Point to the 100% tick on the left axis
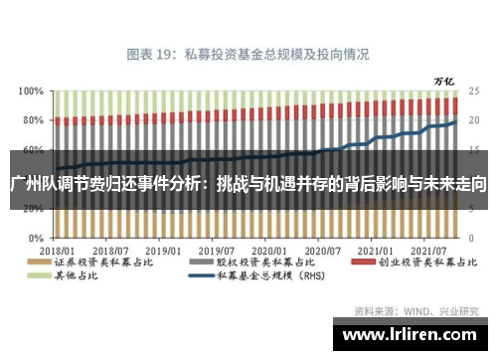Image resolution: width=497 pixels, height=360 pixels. click(x=29, y=90)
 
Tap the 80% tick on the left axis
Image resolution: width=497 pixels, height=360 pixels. click(x=31, y=120)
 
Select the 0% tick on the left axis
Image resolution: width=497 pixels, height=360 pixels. click(x=34, y=240)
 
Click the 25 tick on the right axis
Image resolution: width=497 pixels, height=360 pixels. click(x=475, y=90)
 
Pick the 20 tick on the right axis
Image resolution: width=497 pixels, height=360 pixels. click(x=475, y=120)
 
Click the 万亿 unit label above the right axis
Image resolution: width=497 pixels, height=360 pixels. click(x=444, y=79)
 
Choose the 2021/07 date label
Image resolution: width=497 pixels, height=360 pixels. click(x=429, y=252)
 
